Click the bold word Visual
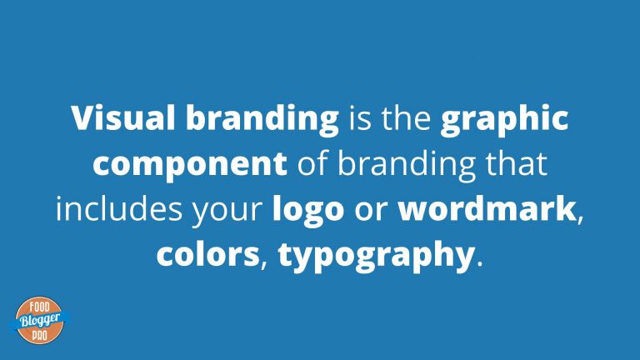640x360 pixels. point(123,118)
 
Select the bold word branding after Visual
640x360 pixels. point(262,120)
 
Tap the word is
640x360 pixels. point(360,119)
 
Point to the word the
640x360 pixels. point(406,118)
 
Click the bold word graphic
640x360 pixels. point(504,120)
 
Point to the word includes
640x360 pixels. point(119,208)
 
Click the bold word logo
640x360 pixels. point(308,211)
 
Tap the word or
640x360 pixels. point(371,211)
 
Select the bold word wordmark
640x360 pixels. point(487,208)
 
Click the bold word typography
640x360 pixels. point(376,257)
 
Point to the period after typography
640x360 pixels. point(479,263)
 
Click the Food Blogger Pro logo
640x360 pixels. point(40,320)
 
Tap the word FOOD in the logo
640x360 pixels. point(40,307)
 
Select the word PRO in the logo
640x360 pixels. point(40,336)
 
